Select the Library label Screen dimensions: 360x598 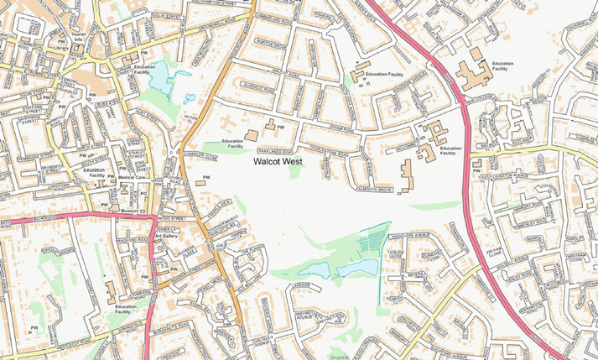point(59,49)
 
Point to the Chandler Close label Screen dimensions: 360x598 point(201,155)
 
